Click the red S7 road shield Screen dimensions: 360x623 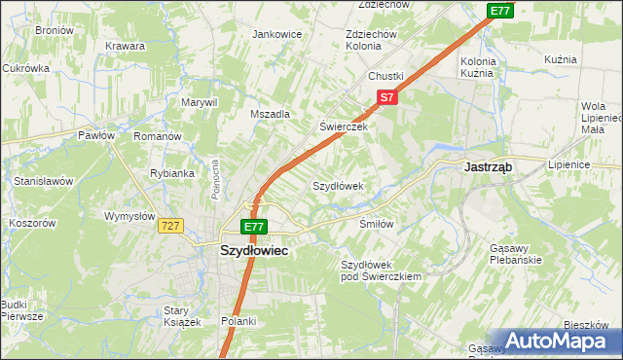point(386,97)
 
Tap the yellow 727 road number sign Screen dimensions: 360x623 point(171,226)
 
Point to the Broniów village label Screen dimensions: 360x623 point(55,30)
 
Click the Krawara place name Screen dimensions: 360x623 point(126,46)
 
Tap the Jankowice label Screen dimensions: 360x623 point(277,34)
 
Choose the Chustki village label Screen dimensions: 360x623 point(385,76)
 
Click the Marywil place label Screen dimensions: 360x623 point(198,102)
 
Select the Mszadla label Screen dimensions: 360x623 point(271,114)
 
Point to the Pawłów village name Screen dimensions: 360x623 point(97,136)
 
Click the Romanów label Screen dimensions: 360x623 point(158,137)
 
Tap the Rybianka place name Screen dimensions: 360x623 point(172,173)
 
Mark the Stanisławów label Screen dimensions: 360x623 point(44,181)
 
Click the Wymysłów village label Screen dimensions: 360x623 point(129,216)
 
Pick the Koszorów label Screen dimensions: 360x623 point(32,223)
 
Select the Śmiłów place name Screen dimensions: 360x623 point(376,224)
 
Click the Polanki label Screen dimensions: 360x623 point(238,321)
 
